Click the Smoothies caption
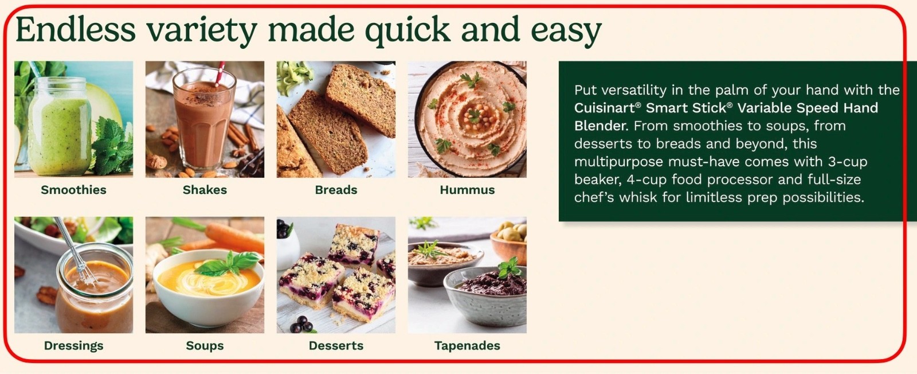point(74,190)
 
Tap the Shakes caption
point(205,190)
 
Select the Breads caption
point(336,190)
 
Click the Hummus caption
point(467,190)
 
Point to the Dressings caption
point(74,346)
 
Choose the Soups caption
point(205,346)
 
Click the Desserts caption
point(336,346)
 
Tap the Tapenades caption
point(467,346)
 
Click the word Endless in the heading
point(75,30)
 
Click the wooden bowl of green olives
point(509,241)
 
